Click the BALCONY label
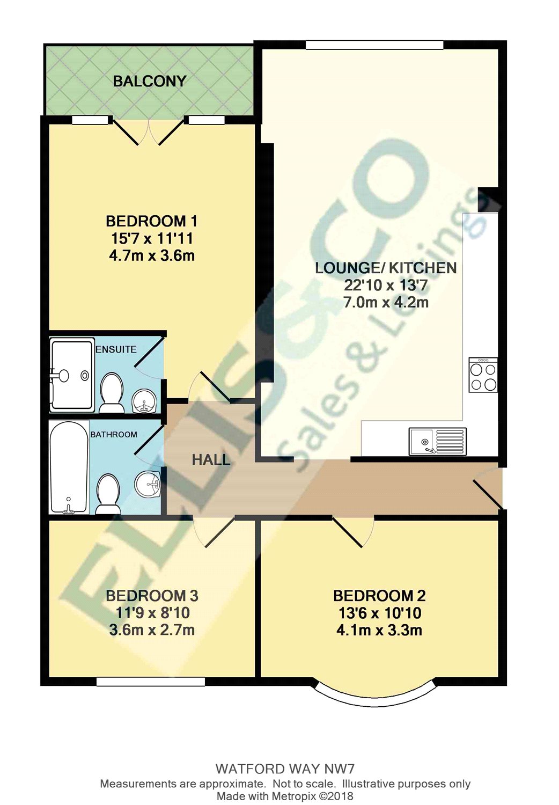point(150,81)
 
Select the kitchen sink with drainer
point(437,442)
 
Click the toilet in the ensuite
point(112,393)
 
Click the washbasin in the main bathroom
point(148,485)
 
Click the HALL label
point(210,460)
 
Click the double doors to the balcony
point(148,131)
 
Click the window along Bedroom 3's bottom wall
point(151,681)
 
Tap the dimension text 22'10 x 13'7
point(386,286)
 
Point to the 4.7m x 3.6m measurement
point(152,256)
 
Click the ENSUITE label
point(116,349)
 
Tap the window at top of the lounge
point(374,45)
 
